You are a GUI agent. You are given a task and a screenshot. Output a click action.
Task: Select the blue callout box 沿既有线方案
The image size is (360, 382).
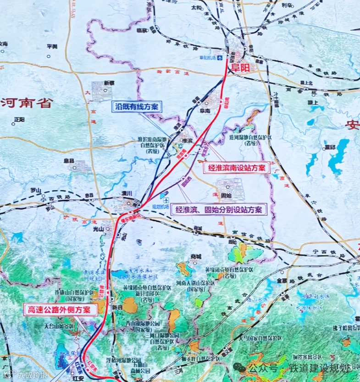click(136, 107)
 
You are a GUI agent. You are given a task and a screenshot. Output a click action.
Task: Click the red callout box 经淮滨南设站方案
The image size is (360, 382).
click(236, 168)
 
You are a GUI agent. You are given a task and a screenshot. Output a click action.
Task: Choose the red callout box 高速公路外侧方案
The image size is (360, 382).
click(61, 310)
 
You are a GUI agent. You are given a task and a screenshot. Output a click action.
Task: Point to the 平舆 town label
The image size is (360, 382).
click(52, 46)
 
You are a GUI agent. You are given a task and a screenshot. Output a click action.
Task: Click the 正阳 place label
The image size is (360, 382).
click(19, 119)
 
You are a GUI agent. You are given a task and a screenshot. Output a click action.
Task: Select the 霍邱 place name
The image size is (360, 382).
click(330, 146)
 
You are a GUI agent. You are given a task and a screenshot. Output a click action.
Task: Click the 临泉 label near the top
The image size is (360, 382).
click(142, 30)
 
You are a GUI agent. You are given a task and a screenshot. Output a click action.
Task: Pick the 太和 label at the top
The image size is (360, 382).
click(196, 8)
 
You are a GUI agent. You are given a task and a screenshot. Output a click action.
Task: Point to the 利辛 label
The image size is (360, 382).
click(287, 6)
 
